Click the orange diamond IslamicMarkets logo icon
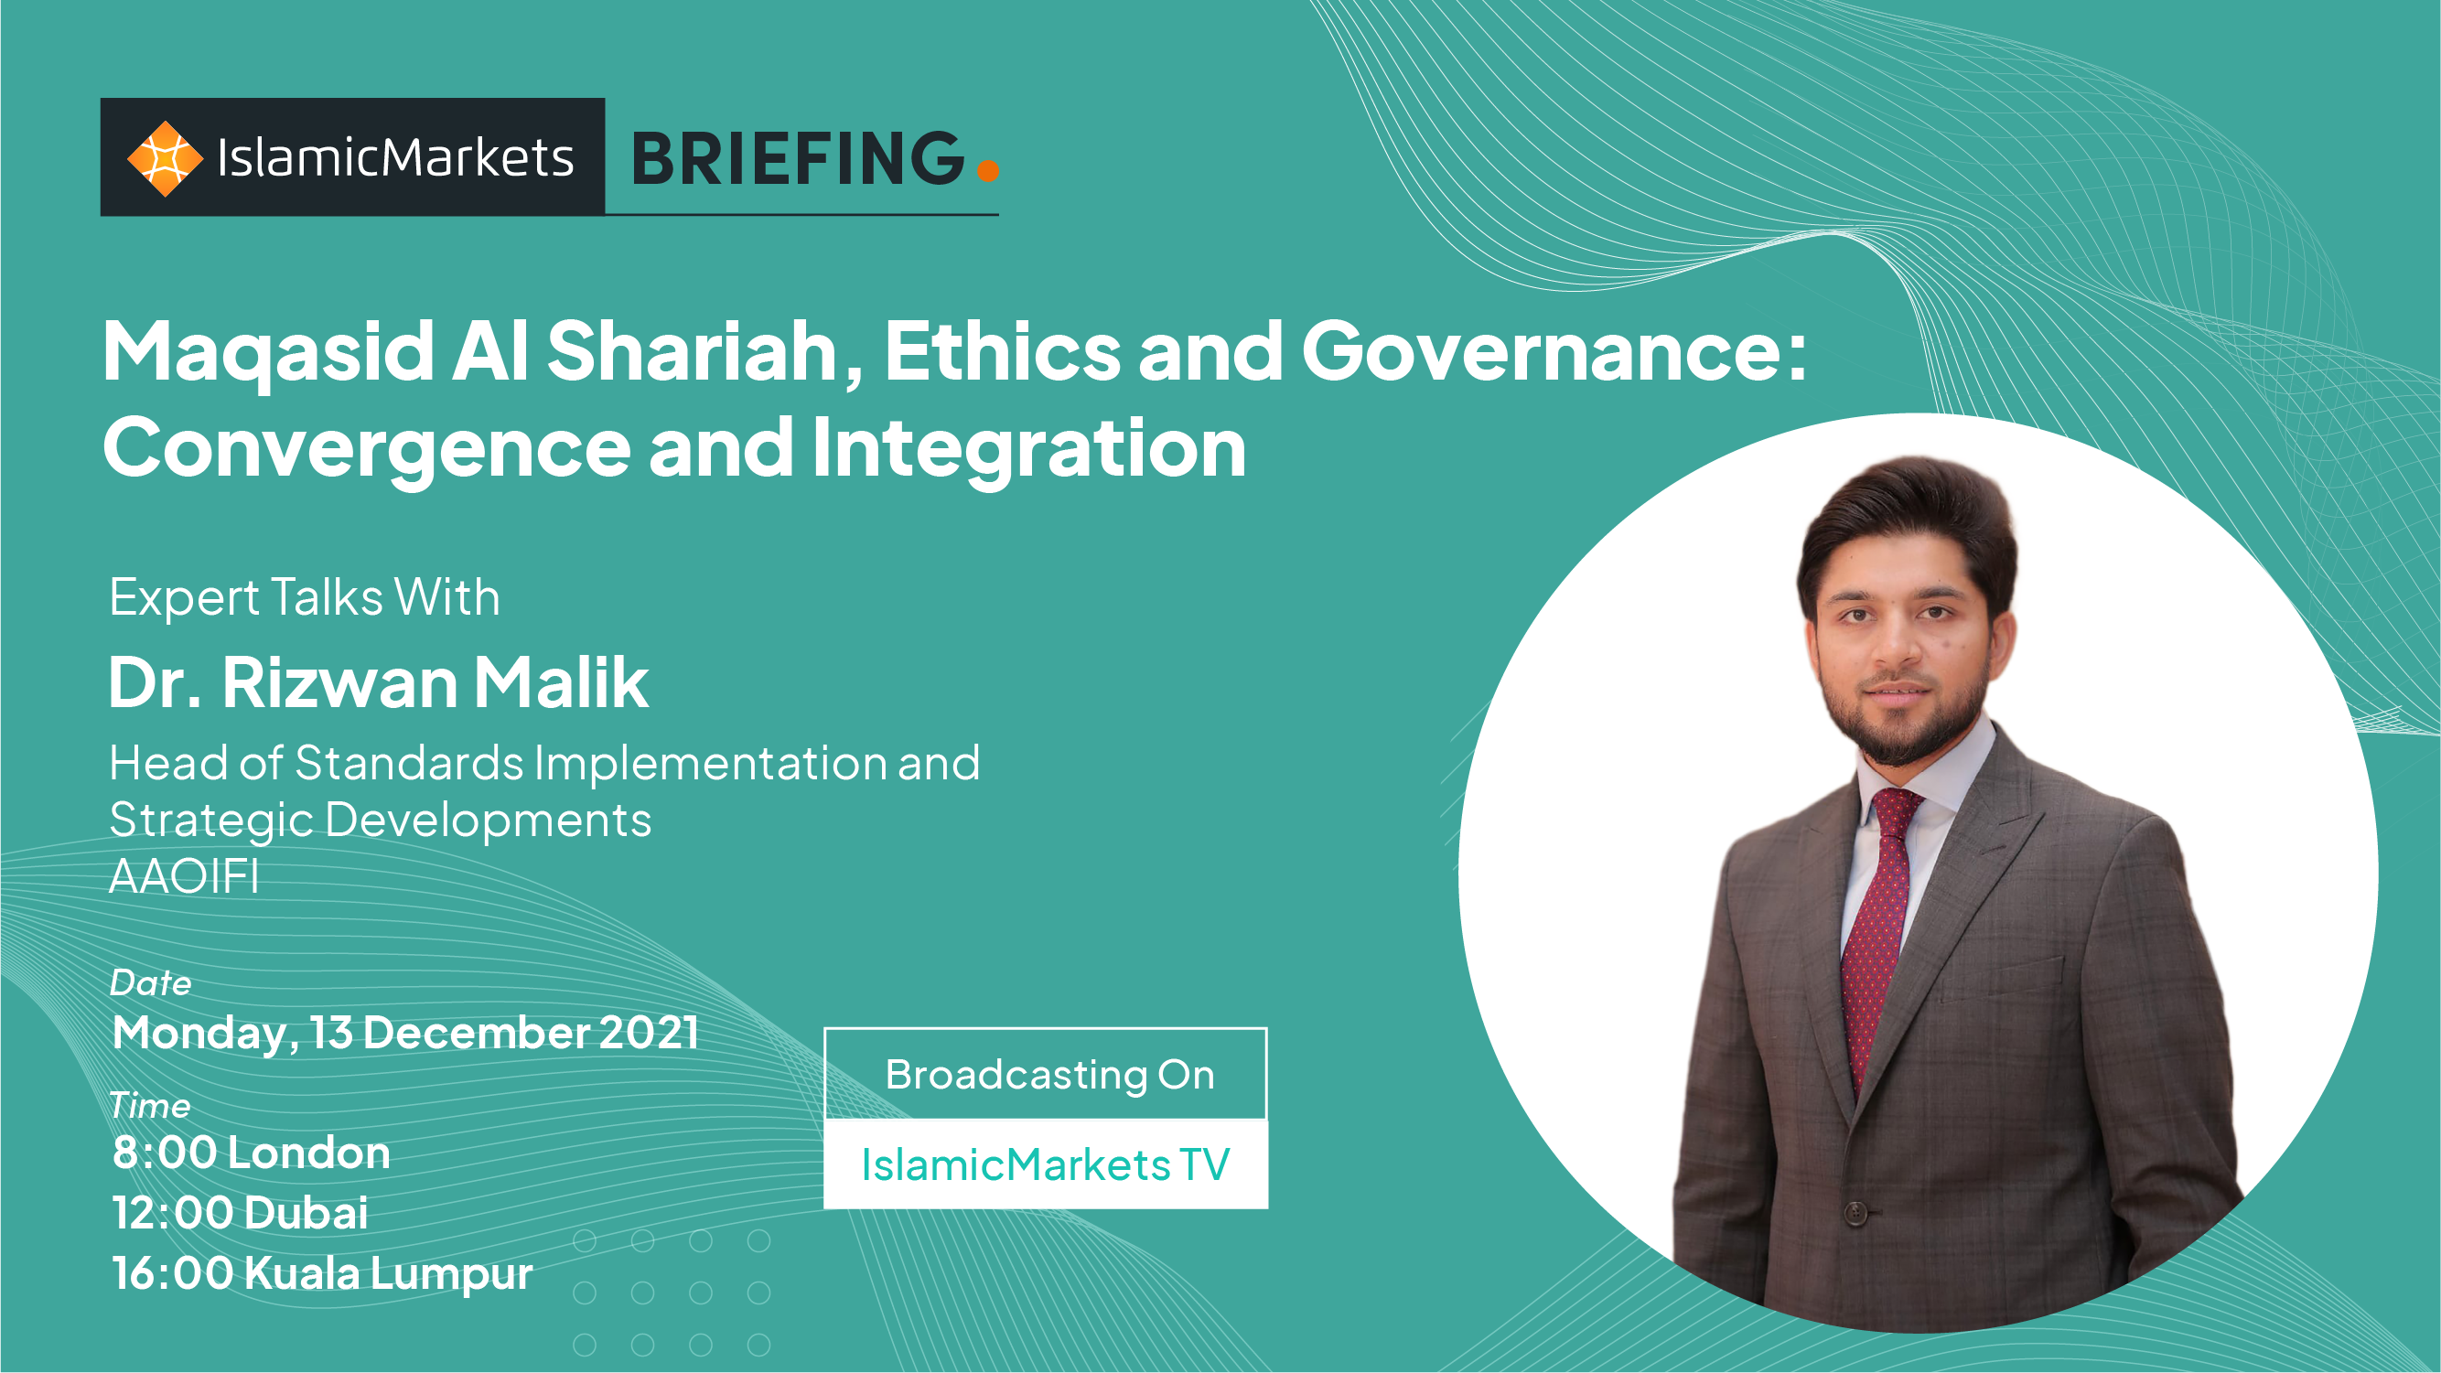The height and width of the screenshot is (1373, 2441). coord(165,158)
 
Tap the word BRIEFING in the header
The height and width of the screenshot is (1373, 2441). coord(798,158)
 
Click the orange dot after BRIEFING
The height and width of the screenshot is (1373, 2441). coord(987,169)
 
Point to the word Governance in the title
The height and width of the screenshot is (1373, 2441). coord(1554,351)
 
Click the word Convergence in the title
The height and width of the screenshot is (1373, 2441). coord(367,450)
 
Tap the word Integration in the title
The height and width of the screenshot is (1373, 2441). coord(1029,448)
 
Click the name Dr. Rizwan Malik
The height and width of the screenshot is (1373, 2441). coord(378,682)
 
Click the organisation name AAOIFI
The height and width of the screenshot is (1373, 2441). coord(184,876)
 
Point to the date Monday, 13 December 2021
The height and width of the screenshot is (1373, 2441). coord(405,1033)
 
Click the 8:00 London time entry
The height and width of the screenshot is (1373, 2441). coord(251,1153)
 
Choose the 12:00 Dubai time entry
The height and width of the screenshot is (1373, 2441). coord(240,1213)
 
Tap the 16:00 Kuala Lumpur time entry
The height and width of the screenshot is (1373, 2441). coord(322,1273)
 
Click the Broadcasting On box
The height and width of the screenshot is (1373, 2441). coord(1046,1074)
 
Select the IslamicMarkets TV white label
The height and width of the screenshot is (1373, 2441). coord(1046,1164)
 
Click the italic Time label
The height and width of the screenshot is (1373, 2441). coord(150,1106)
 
